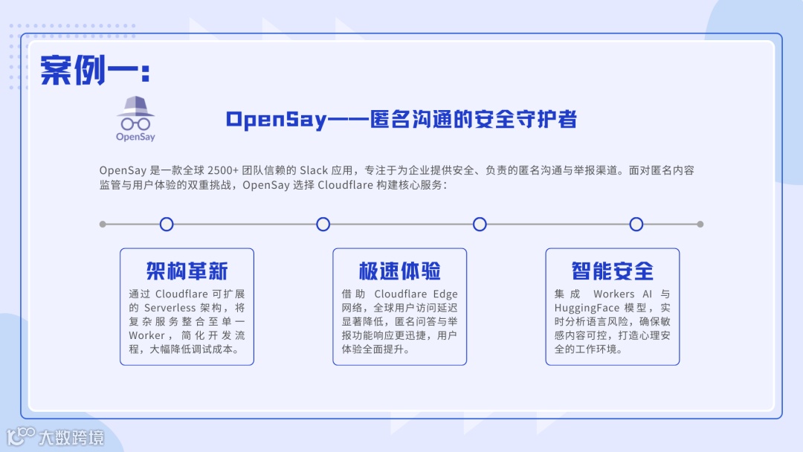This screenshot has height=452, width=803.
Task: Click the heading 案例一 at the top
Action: (95, 70)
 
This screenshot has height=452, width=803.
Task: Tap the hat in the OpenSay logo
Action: (135, 106)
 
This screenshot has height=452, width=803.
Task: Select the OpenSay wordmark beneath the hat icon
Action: (135, 137)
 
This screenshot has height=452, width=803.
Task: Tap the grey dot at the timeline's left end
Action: (103, 224)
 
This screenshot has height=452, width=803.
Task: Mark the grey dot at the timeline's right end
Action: (700, 224)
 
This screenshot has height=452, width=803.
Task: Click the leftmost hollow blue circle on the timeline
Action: (167, 224)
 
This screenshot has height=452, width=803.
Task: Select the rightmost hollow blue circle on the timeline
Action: (636, 224)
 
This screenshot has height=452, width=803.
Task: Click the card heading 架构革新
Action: (187, 270)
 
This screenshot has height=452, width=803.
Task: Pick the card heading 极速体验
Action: (399, 270)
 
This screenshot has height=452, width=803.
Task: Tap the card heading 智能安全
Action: (612, 270)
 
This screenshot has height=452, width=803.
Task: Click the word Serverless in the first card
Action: (170, 308)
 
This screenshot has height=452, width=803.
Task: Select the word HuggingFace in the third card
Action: (587, 308)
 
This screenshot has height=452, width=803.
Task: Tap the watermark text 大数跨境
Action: (71, 436)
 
